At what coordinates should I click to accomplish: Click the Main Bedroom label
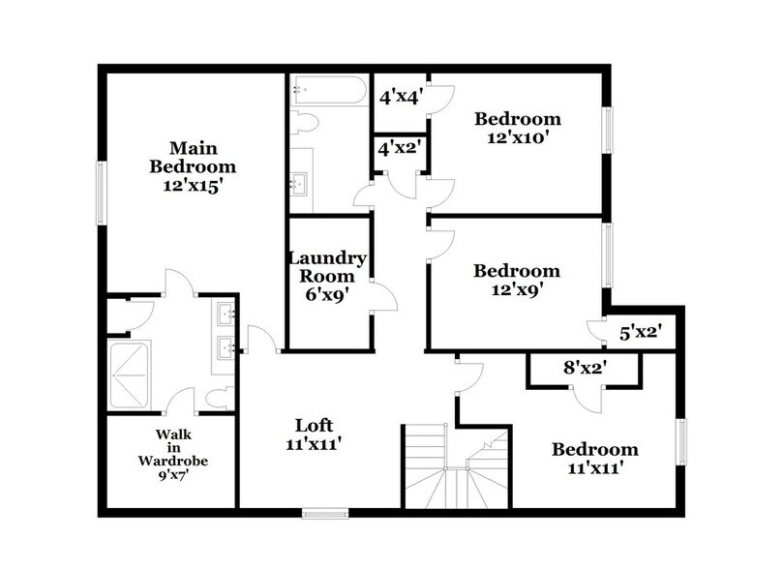(x=192, y=166)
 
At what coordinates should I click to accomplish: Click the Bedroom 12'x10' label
(x=517, y=128)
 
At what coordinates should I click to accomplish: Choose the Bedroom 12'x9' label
(x=517, y=280)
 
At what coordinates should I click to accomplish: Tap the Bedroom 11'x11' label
(x=594, y=458)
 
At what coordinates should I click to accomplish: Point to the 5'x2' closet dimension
(x=639, y=333)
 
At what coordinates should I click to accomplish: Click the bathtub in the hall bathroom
(x=327, y=94)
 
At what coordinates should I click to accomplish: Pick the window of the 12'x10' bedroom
(x=608, y=128)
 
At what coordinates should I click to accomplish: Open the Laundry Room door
(x=384, y=298)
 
